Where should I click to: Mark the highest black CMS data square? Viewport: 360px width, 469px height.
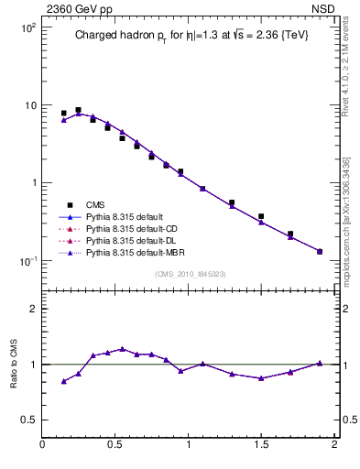[x=78, y=110]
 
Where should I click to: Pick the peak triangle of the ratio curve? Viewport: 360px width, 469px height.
[x=122, y=349]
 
